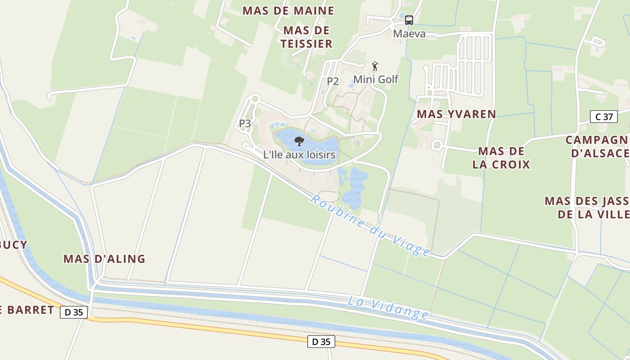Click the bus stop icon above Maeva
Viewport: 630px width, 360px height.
pos(409,20)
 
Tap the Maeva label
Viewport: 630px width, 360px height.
pos(409,34)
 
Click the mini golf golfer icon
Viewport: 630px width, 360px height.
pos(375,66)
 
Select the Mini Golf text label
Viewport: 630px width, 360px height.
pos(376,79)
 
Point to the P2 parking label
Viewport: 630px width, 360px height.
pos(333,81)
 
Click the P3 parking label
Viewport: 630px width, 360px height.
pos(245,123)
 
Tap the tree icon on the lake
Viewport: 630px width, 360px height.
pos(298,142)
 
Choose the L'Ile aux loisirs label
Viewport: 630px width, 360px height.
pos(299,155)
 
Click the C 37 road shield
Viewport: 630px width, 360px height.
pos(603,117)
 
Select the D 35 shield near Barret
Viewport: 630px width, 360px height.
pos(74,312)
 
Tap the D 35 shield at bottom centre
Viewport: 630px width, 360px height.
pos(321,342)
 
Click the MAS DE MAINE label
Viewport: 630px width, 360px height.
pos(288,11)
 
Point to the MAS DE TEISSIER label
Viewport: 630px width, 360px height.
pos(306,37)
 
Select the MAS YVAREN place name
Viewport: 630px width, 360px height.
pos(456,114)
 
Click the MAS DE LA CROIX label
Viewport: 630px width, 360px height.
pos(501,157)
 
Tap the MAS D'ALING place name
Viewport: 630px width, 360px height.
pos(104,259)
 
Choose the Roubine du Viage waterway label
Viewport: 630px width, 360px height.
pos(370,225)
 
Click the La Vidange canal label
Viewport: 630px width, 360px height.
pos(388,308)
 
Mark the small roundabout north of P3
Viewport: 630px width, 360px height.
pos(255,99)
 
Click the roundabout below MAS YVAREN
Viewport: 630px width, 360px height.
pos(436,145)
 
